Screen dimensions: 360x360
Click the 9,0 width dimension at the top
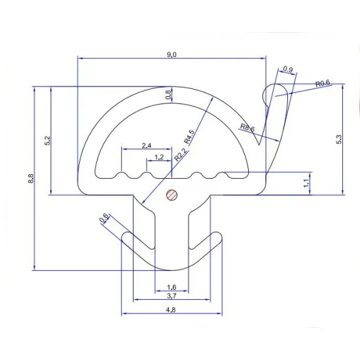click(x=171, y=54)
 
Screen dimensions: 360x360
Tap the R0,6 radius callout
click(x=323, y=84)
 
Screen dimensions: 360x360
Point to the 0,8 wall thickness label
click(x=169, y=95)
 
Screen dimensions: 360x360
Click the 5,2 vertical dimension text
click(x=46, y=141)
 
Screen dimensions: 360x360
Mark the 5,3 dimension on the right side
click(x=338, y=139)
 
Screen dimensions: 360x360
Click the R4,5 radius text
click(x=189, y=136)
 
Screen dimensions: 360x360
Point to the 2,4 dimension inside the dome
click(x=147, y=145)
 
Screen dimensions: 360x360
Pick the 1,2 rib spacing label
click(x=159, y=158)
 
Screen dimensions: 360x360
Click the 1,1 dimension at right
click(x=306, y=184)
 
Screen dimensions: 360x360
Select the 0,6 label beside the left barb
click(x=103, y=219)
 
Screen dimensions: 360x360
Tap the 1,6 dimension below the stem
click(x=171, y=287)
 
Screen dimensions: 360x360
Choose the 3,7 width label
click(x=171, y=297)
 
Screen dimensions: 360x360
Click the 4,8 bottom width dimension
click(x=171, y=309)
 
